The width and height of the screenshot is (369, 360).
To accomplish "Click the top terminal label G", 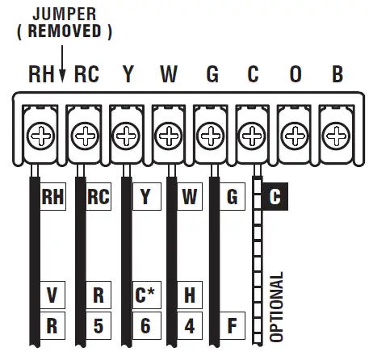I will tap(212, 76).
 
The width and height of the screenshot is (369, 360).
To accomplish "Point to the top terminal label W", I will tap(168, 76).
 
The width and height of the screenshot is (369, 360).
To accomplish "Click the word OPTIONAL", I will tap(277, 307).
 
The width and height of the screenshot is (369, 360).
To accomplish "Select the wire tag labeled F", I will tap(233, 327).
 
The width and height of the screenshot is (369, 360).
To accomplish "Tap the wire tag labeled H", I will tap(188, 295).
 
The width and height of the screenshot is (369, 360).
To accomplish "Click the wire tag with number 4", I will tap(188, 327).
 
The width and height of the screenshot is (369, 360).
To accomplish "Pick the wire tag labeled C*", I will tap(144, 295).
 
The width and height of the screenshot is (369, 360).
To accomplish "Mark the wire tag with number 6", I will tap(144, 327).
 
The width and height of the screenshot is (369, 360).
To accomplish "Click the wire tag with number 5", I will tap(98, 327).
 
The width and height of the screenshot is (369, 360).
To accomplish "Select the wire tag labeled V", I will tap(52, 295).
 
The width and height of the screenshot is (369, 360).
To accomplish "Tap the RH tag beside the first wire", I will tap(52, 197).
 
